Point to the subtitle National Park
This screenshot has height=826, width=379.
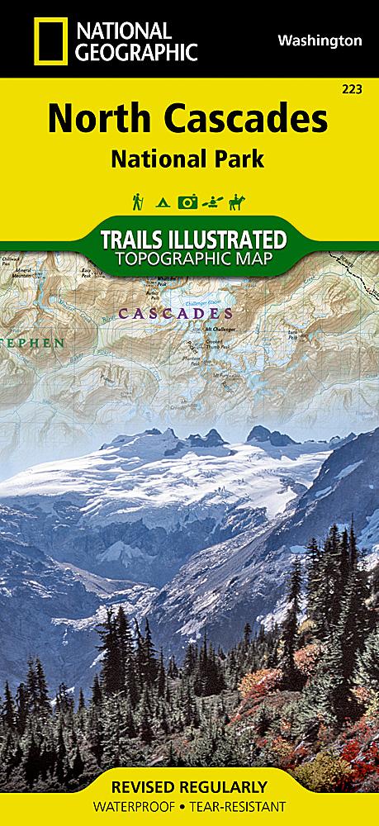[189, 158]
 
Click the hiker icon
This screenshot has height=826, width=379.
[137, 201]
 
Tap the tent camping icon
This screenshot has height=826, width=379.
[163, 202]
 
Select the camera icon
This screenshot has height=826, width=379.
[189, 202]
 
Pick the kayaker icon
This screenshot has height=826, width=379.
[215, 202]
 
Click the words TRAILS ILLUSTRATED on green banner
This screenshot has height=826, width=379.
[193, 240]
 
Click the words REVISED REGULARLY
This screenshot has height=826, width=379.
[189, 786]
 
